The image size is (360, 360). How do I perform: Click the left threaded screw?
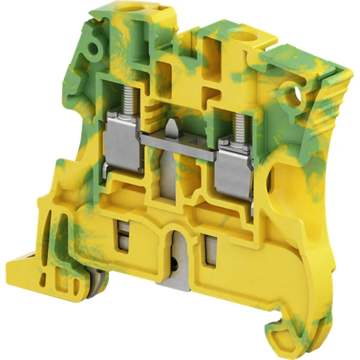pos(130,100)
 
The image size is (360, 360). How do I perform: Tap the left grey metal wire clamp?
pos(124,146)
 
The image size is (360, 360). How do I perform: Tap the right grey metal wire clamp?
pos(233,168)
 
